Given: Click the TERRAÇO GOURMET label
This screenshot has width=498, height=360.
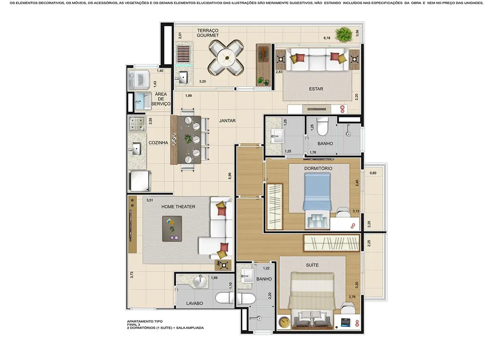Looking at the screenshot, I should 208,33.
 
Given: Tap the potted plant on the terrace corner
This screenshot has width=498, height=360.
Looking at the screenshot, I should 344,34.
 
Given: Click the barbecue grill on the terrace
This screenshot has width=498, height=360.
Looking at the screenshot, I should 183,54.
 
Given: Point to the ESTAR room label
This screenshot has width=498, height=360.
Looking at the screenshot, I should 316,88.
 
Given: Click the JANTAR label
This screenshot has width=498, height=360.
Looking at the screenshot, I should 227,121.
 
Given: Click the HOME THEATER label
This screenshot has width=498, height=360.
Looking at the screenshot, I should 178,206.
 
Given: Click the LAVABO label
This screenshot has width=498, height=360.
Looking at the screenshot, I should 194,304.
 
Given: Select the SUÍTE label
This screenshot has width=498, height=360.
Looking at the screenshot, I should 312,264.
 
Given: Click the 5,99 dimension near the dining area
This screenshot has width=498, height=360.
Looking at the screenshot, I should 229,176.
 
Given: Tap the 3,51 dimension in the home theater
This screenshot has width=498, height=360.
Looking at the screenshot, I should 149,200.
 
